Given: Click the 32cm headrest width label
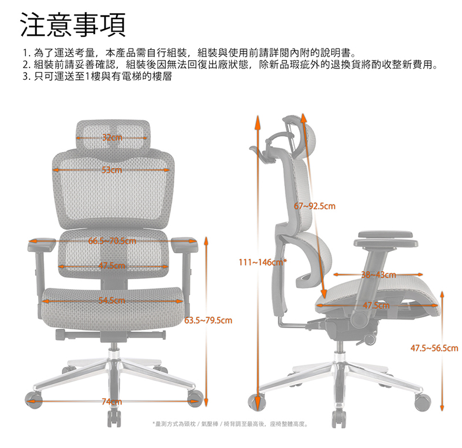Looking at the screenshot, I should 112,138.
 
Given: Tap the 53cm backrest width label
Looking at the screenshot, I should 112,170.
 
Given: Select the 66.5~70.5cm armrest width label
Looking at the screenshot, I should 112,240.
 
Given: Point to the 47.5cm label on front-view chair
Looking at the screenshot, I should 112,266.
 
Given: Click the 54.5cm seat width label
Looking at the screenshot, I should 112,300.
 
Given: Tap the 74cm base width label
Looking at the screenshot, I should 112,402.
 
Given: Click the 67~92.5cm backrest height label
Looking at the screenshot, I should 315,206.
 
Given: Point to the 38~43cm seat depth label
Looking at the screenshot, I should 378,275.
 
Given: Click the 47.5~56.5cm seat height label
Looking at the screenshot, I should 434,349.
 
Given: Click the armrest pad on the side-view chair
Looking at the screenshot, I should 387,236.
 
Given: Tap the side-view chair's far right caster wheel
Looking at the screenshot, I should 423,402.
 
